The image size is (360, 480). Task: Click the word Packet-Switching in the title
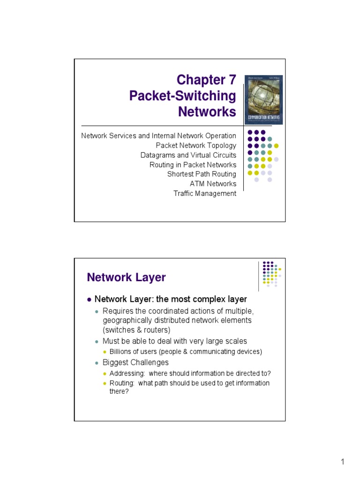pyautogui.click(x=182, y=96)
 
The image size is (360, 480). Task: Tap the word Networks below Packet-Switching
pyautogui.click(x=207, y=112)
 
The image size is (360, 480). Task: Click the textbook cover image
pyautogui.click(x=265, y=100)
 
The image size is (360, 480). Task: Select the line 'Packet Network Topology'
pyautogui.click(x=196, y=145)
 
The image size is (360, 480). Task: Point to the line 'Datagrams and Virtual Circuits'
pyautogui.click(x=188, y=155)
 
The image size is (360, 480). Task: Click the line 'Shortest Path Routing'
pyautogui.click(x=202, y=174)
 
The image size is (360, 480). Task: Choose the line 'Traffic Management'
pyautogui.click(x=205, y=193)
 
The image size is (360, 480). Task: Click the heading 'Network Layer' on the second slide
pyautogui.click(x=126, y=277)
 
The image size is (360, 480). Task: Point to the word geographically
pyautogui.click(x=127, y=321)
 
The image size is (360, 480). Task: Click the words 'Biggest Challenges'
pyautogui.click(x=135, y=362)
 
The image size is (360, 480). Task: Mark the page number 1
pyautogui.click(x=343, y=462)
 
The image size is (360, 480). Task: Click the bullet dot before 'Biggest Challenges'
pyautogui.click(x=97, y=363)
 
